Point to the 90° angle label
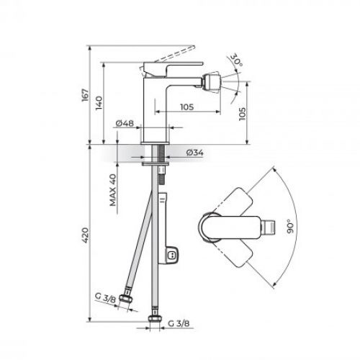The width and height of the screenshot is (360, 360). (x=289, y=228)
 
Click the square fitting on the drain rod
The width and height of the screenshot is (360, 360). (x=172, y=255)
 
